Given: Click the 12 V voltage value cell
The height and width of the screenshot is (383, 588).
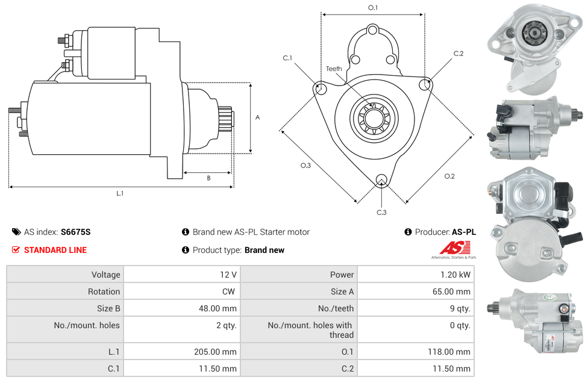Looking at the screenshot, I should pyautogui.click(x=228, y=275).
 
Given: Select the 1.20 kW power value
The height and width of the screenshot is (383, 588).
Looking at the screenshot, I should pyautogui.click(x=459, y=275).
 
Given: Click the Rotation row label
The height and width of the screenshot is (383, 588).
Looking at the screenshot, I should pyautogui.click(x=104, y=291).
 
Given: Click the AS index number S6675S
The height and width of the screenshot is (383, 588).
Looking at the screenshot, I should pyautogui.click(x=75, y=232).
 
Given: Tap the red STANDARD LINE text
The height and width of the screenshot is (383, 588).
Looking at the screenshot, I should pyautogui.click(x=55, y=250).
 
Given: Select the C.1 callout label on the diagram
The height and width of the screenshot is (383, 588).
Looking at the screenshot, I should pyautogui.click(x=287, y=58).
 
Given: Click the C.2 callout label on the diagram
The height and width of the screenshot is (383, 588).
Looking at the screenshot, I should pyautogui.click(x=458, y=54).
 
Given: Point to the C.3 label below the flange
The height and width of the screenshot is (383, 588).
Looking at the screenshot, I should pyautogui.click(x=381, y=212).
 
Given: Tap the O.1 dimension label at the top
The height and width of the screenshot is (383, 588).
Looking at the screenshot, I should pyautogui.click(x=373, y=8).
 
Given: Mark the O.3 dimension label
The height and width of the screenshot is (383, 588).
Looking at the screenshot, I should pyautogui.click(x=305, y=166).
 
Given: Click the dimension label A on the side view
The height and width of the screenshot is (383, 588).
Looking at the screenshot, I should pyautogui.click(x=258, y=117).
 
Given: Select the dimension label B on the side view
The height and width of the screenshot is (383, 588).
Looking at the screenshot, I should pyautogui.click(x=208, y=178).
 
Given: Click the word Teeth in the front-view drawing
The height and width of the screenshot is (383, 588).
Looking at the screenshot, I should pyautogui.click(x=334, y=69).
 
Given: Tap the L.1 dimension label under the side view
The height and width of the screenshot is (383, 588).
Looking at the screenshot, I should pyautogui.click(x=120, y=193).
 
